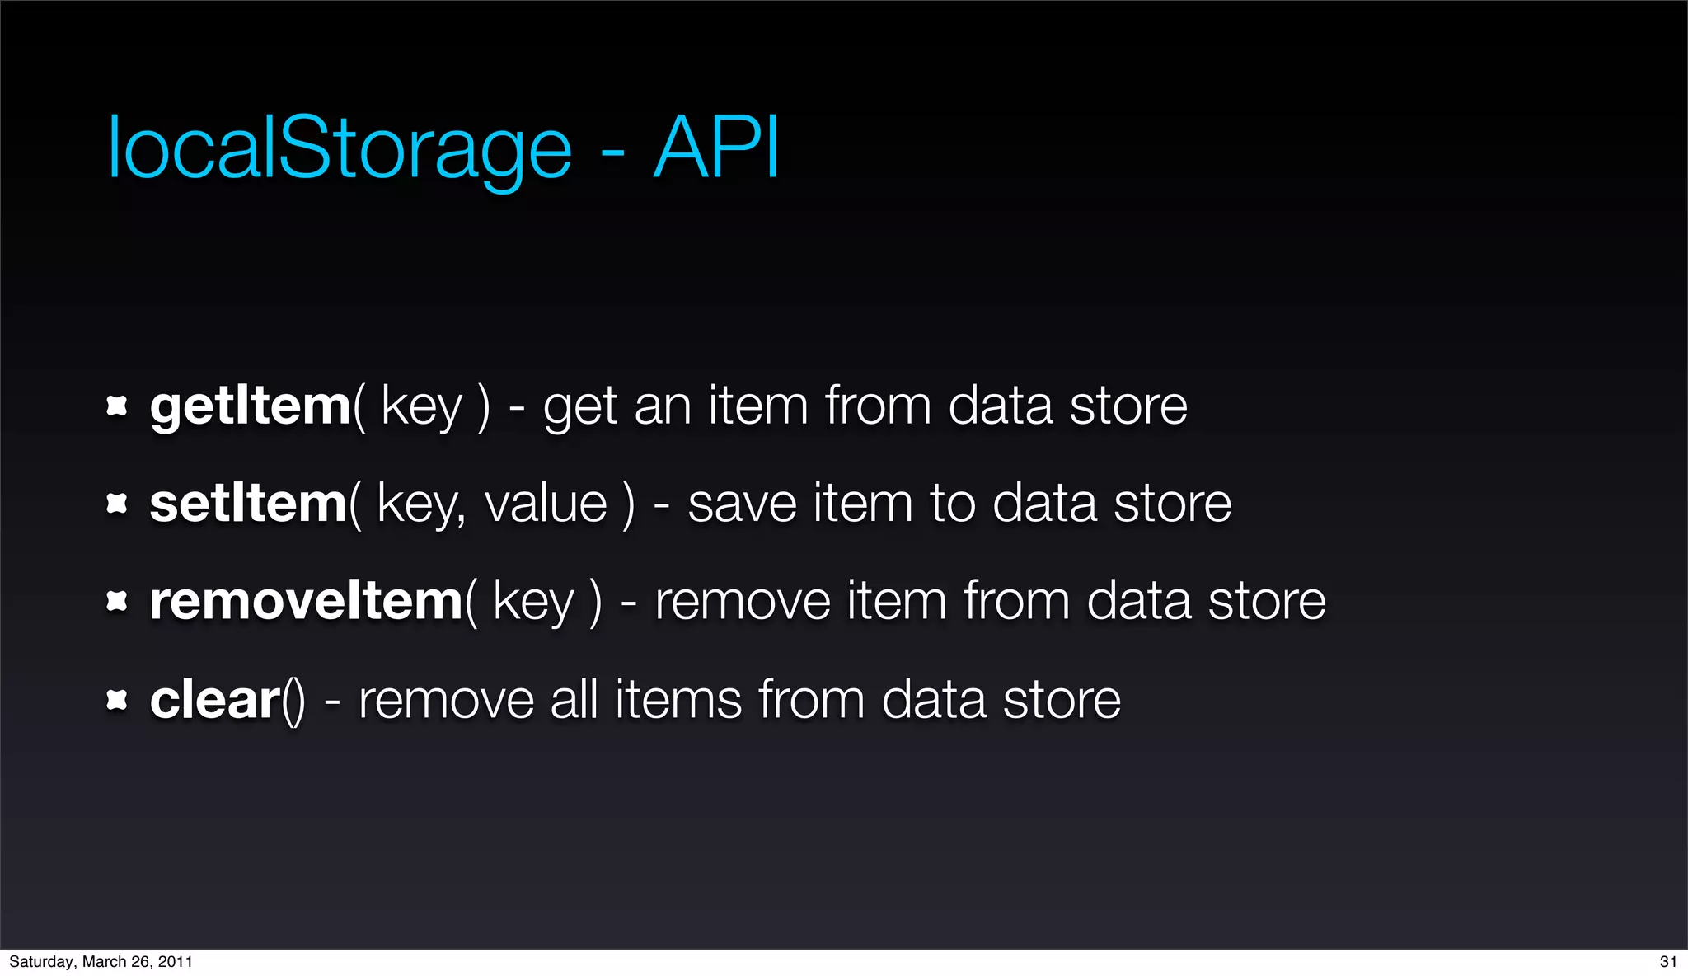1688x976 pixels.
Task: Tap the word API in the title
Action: pos(715,148)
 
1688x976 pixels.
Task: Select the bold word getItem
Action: pos(251,407)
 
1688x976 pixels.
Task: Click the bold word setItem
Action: pos(248,504)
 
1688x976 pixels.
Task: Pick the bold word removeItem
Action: pos(306,601)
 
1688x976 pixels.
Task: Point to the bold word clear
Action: pos(215,700)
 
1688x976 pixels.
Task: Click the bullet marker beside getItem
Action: pos(117,406)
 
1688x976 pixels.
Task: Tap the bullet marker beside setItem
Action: pos(117,504)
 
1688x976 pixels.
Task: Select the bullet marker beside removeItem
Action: pos(117,602)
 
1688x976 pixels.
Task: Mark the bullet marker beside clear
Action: pos(117,701)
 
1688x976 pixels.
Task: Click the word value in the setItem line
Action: pos(546,504)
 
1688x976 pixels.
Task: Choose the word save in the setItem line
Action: pos(742,504)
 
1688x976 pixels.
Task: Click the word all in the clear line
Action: pos(574,700)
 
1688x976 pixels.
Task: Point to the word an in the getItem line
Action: pos(662,407)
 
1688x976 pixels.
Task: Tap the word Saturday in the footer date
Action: pos(40,962)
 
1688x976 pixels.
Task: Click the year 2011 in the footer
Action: pos(175,962)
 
